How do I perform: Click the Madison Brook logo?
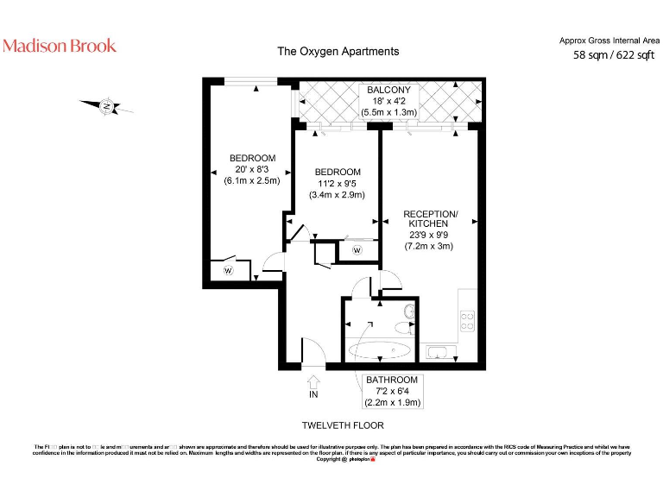[60, 45]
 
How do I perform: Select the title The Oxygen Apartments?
[338, 51]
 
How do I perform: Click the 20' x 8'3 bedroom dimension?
[252, 169]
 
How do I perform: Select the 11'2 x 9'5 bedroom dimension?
[337, 183]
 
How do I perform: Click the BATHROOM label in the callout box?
[392, 380]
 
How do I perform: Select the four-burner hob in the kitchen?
[468, 321]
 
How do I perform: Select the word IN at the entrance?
[313, 394]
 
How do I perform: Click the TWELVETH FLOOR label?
[343, 425]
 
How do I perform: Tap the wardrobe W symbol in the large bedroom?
[228, 270]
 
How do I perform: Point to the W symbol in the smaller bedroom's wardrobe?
[357, 250]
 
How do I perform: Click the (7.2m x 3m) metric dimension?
[429, 246]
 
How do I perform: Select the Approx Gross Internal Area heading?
[609, 40]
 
